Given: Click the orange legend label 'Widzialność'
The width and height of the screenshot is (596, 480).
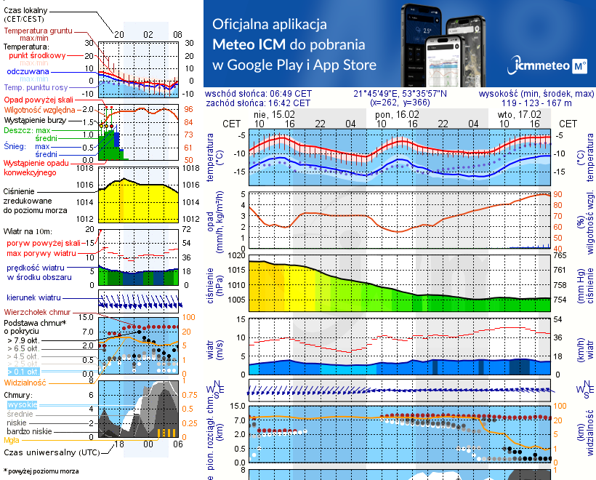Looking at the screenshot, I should (25, 382).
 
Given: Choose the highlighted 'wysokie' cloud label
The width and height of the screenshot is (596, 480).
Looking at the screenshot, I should (21, 404).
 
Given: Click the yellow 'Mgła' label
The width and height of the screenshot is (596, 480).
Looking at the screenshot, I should (12, 440).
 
